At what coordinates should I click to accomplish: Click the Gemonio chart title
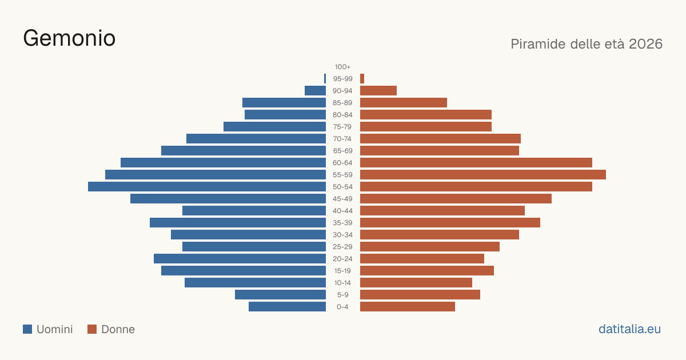(69, 39)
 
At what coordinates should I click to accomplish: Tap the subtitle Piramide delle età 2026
(587, 44)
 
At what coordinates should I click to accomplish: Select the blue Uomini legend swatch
(27, 329)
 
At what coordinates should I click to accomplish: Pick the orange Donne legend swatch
(92, 329)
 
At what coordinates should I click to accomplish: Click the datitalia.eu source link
(629, 329)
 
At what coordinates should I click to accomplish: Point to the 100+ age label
(342, 67)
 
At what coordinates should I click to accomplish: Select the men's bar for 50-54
(207, 187)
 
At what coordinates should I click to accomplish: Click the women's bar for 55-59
(483, 175)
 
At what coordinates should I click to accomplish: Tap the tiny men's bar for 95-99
(325, 79)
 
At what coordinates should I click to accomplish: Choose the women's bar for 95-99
(362, 79)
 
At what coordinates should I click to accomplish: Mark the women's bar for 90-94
(378, 91)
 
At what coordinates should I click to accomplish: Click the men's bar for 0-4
(287, 307)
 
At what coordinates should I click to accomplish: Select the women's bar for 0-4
(408, 307)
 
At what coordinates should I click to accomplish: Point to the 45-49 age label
(342, 199)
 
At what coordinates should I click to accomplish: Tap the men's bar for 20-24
(240, 259)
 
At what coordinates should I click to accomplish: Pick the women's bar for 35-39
(450, 223)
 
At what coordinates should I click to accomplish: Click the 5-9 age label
(342, 295)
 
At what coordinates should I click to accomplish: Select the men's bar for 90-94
(315, 91)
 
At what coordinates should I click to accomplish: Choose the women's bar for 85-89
(404, 102)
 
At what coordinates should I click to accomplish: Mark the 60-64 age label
(342, 163)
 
